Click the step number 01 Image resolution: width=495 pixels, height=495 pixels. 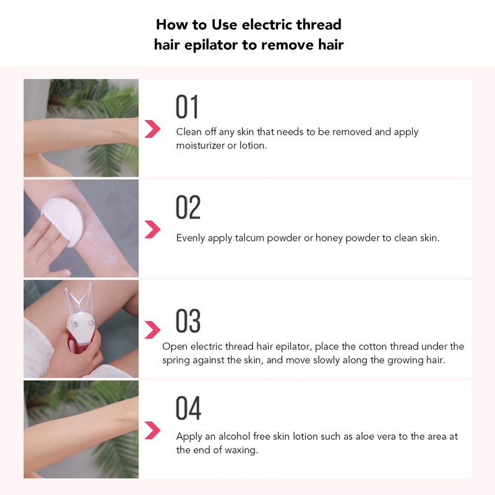click(x=187, y=107)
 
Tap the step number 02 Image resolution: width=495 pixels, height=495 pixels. click(x=188, y=208)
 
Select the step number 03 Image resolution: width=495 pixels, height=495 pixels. click(x=188, y=321)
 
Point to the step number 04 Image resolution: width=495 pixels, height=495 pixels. click(x=188, y=409)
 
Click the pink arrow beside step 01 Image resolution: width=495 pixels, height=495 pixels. click(x=152, y=129)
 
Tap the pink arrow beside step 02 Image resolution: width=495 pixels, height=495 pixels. click(x=152, y=230)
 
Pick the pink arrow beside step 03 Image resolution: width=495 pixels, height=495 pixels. click(x=152, y=330)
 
